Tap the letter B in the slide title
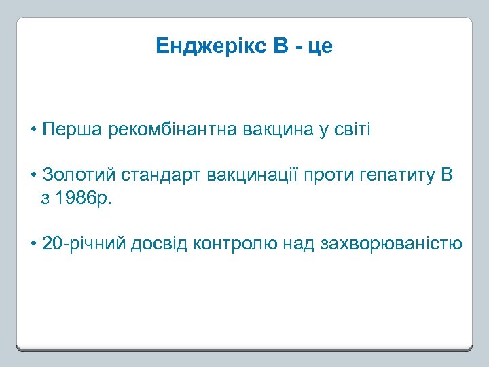(x=280, y=46)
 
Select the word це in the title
(x=321, y=47)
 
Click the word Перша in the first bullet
(x=72, y=130)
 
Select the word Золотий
(x=79, y=176)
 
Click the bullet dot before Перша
(x=33, y=130)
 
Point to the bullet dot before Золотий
(x=33, y=177)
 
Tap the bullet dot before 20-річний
(x=33, y=244)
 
